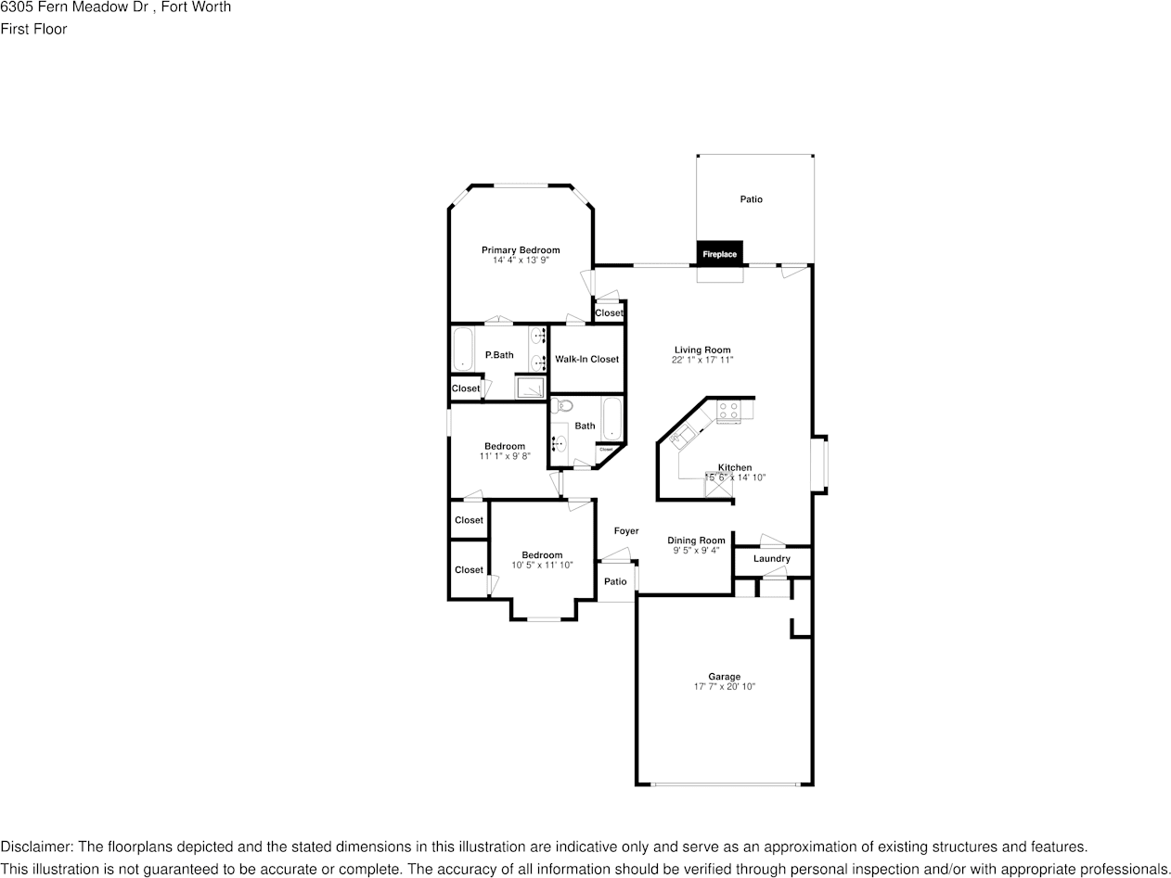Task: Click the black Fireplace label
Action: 719,254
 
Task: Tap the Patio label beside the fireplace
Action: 751,199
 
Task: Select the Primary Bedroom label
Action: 521,250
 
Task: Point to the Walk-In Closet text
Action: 586,359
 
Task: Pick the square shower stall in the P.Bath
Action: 530,387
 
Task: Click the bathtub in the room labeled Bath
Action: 611,420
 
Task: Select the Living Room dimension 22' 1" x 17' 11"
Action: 702,360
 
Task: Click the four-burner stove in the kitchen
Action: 728,411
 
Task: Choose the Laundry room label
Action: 772,559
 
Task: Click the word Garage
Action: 725,677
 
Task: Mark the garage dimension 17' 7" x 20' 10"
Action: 725,687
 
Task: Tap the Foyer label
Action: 626,531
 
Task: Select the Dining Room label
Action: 696,541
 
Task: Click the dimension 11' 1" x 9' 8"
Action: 504,456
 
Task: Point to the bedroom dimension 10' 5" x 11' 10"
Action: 542,565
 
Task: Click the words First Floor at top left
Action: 33,29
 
